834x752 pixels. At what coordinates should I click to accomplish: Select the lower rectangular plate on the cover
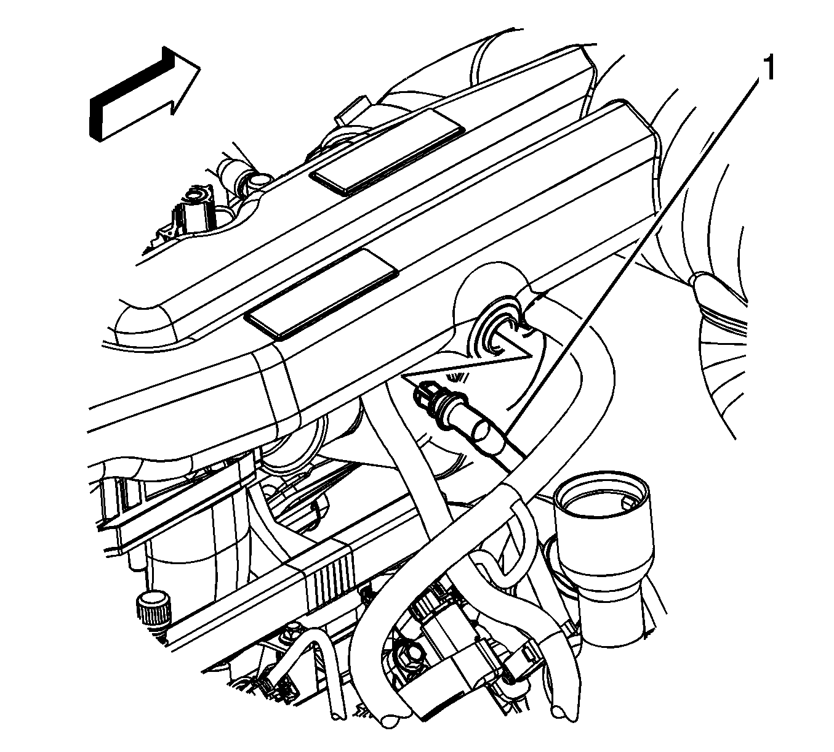321,294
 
